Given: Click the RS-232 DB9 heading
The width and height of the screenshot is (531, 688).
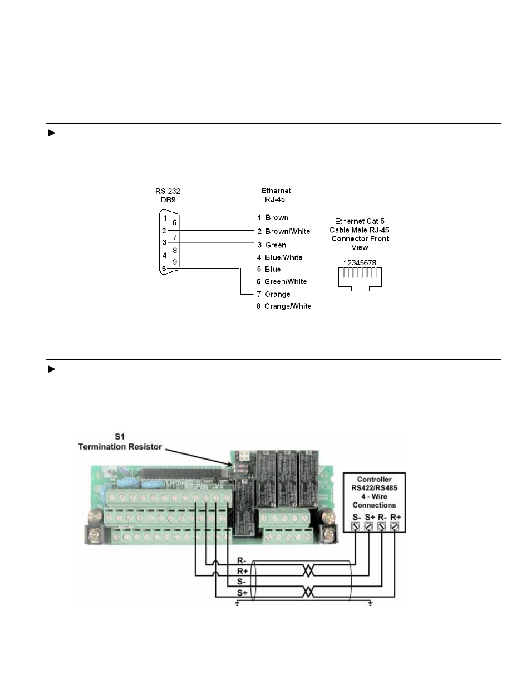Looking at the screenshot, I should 168,195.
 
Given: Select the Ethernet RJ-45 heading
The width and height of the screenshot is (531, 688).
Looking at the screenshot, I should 276,195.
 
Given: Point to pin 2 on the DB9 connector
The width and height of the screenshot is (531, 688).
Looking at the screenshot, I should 164,231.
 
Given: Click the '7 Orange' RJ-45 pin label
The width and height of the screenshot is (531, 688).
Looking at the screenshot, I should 273,294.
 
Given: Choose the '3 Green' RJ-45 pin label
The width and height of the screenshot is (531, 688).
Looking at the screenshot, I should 272,245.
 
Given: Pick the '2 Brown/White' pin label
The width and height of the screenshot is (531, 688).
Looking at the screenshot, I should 283,231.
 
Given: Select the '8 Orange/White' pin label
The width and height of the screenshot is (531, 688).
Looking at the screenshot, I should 283,306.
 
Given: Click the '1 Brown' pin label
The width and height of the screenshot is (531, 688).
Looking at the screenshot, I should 273,218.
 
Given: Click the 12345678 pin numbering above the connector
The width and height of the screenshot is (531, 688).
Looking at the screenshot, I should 360,262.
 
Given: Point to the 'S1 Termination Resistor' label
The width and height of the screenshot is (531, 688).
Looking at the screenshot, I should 120,442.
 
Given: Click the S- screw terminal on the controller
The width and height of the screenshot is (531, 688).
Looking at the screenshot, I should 356,525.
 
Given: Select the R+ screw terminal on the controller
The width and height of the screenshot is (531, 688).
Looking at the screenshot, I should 395,525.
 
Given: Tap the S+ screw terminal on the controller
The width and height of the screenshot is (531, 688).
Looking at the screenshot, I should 369,525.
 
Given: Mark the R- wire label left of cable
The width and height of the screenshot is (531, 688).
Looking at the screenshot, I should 242,560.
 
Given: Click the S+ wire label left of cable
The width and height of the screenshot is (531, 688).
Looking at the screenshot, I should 242,593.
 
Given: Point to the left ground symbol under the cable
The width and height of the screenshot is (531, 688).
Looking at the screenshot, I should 237,603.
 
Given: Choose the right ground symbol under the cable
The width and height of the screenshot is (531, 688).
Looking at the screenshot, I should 370,603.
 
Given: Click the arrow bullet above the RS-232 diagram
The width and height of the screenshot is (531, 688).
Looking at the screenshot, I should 52,133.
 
